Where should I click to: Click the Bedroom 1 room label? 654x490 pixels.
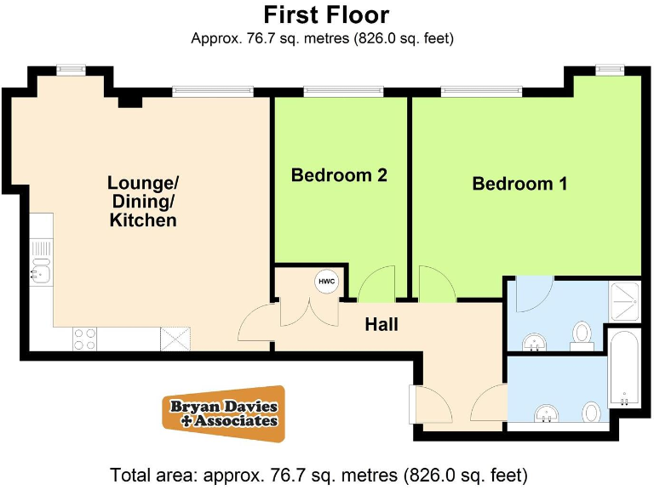pos(519,183)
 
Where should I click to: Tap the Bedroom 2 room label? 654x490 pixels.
pos(339,175)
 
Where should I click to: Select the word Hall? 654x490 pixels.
pos(381,324)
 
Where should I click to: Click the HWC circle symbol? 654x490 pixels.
pos(327,282)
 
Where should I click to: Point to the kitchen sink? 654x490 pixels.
pos(41,273)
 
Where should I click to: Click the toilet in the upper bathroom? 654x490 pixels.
pos(583,333)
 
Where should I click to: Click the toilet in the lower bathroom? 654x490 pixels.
pos(591,413)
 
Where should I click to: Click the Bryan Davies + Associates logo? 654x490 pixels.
pos(224,413)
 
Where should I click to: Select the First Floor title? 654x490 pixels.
pos(326,14)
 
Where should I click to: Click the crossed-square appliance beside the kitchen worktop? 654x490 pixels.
pos(176,339)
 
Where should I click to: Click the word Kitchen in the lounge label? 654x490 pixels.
pos(143,220)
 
